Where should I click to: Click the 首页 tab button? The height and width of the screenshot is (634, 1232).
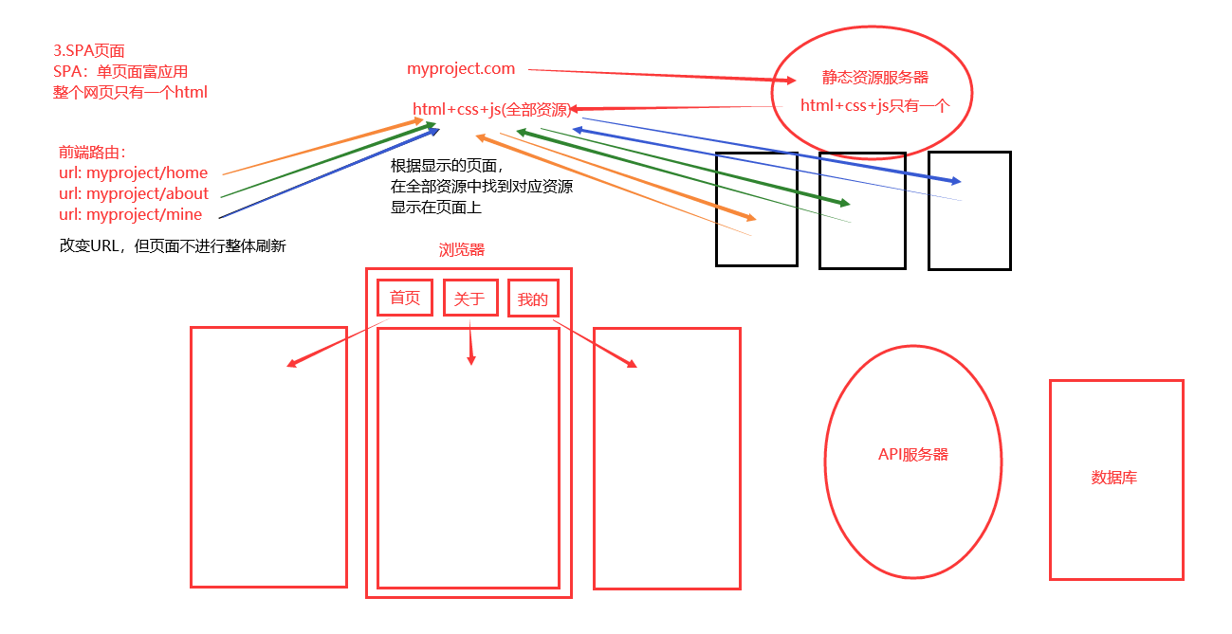click(405, 298)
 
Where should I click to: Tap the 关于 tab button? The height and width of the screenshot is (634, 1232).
click(469, 299)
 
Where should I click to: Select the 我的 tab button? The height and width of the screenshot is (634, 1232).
click(533, 299)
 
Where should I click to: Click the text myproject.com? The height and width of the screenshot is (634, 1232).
click(461, 68)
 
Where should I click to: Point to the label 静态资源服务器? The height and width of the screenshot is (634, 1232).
click(874, 78)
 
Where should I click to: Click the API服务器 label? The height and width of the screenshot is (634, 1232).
click(912, 454)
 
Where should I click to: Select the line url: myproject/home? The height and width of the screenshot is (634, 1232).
click(133, 172)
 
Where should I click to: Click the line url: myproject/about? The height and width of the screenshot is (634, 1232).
click(134, 193)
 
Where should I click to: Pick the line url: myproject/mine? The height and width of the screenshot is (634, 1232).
click(130, 214)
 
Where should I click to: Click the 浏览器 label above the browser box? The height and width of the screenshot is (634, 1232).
click(461, 250)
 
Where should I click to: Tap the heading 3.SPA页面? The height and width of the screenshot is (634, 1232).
click(89, 50)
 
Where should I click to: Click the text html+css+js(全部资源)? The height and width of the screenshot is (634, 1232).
click(491, 110)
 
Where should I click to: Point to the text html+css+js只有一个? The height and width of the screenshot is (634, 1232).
click(874, 105)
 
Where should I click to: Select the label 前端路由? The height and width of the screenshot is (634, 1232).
click(92, 152)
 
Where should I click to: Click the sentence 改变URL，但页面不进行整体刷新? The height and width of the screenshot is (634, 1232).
click(173, 245)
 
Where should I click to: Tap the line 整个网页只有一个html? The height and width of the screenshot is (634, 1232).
click(130, 92)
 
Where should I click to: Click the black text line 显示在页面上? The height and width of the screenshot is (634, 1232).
click(435, 207)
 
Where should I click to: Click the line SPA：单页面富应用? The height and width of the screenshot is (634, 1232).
click(120, 71)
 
